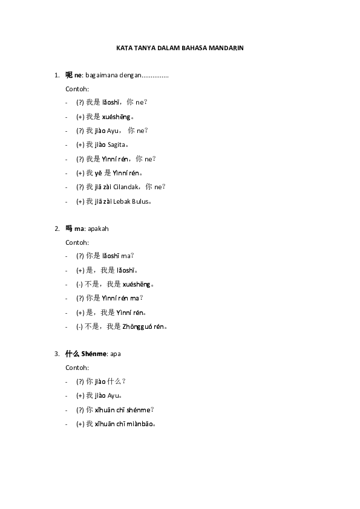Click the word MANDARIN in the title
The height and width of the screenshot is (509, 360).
[x=226, y=48]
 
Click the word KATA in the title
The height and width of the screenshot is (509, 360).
[x=125, y=48]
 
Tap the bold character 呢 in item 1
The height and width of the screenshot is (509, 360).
[x=69, y=75]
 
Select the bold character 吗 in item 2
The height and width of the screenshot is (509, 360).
[x=69, y=229]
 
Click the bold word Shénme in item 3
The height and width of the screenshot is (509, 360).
[x=94, y=354]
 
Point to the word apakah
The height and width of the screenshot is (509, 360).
[x=98, y=229]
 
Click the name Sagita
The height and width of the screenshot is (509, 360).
[x=117, y=144]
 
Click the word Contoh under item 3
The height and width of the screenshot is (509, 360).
[x=77, y=368]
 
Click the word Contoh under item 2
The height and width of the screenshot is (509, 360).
[x=77, y=242]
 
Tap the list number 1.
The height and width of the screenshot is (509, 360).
[x=57, y=76]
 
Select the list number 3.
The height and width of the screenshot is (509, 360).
[x=57, y=354]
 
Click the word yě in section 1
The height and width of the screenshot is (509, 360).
[x=98, y=173]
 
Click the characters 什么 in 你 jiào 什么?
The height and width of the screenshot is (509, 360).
[x=114, y=381]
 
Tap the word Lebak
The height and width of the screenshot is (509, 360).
[x=122, y=201]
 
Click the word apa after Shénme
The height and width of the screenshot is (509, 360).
[x=116, y=354]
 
